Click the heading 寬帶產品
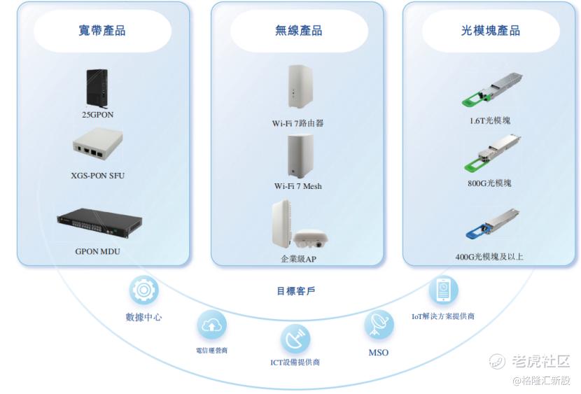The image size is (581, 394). point(102,31)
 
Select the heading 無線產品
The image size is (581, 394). point(298,31)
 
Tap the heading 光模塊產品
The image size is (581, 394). point(490,31)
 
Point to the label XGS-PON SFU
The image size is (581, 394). point(98,175)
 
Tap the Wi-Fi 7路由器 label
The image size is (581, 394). point(298,123)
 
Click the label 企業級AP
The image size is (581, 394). point(299,259)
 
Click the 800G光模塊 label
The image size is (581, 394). point(490,183)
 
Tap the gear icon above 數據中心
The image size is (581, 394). point(143,290)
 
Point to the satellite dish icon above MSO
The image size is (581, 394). point(378,324)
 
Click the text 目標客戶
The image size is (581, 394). point(295,290)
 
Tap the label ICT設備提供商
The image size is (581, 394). point(295,363)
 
